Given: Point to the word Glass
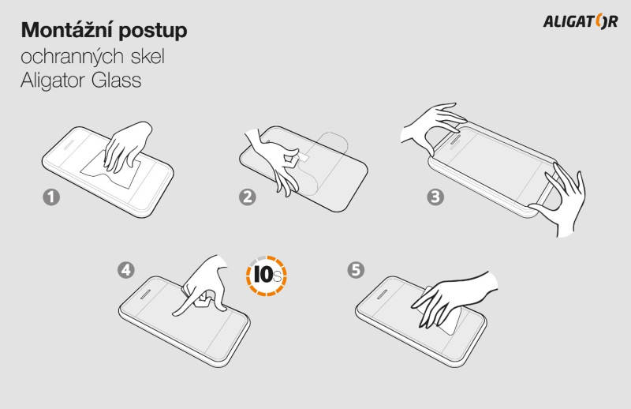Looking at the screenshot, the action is pos(116,80).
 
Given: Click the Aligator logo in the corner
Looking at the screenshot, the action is pos(581,21).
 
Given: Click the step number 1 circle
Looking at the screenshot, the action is pos(51,197).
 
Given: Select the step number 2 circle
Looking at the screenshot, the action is pos(247,197).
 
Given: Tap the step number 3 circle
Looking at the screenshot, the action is pos(435,197).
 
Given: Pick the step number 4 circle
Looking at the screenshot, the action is pos(126,270).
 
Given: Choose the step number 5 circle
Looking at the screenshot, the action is pos(356,270).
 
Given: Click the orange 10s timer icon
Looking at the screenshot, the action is pos(266,276).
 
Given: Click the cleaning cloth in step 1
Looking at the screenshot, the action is pos(111,172).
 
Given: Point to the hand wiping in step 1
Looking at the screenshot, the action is pos(127,146).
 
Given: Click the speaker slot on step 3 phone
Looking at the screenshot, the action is pos(455,140).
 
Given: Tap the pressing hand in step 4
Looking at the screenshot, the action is pos(203,285).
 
